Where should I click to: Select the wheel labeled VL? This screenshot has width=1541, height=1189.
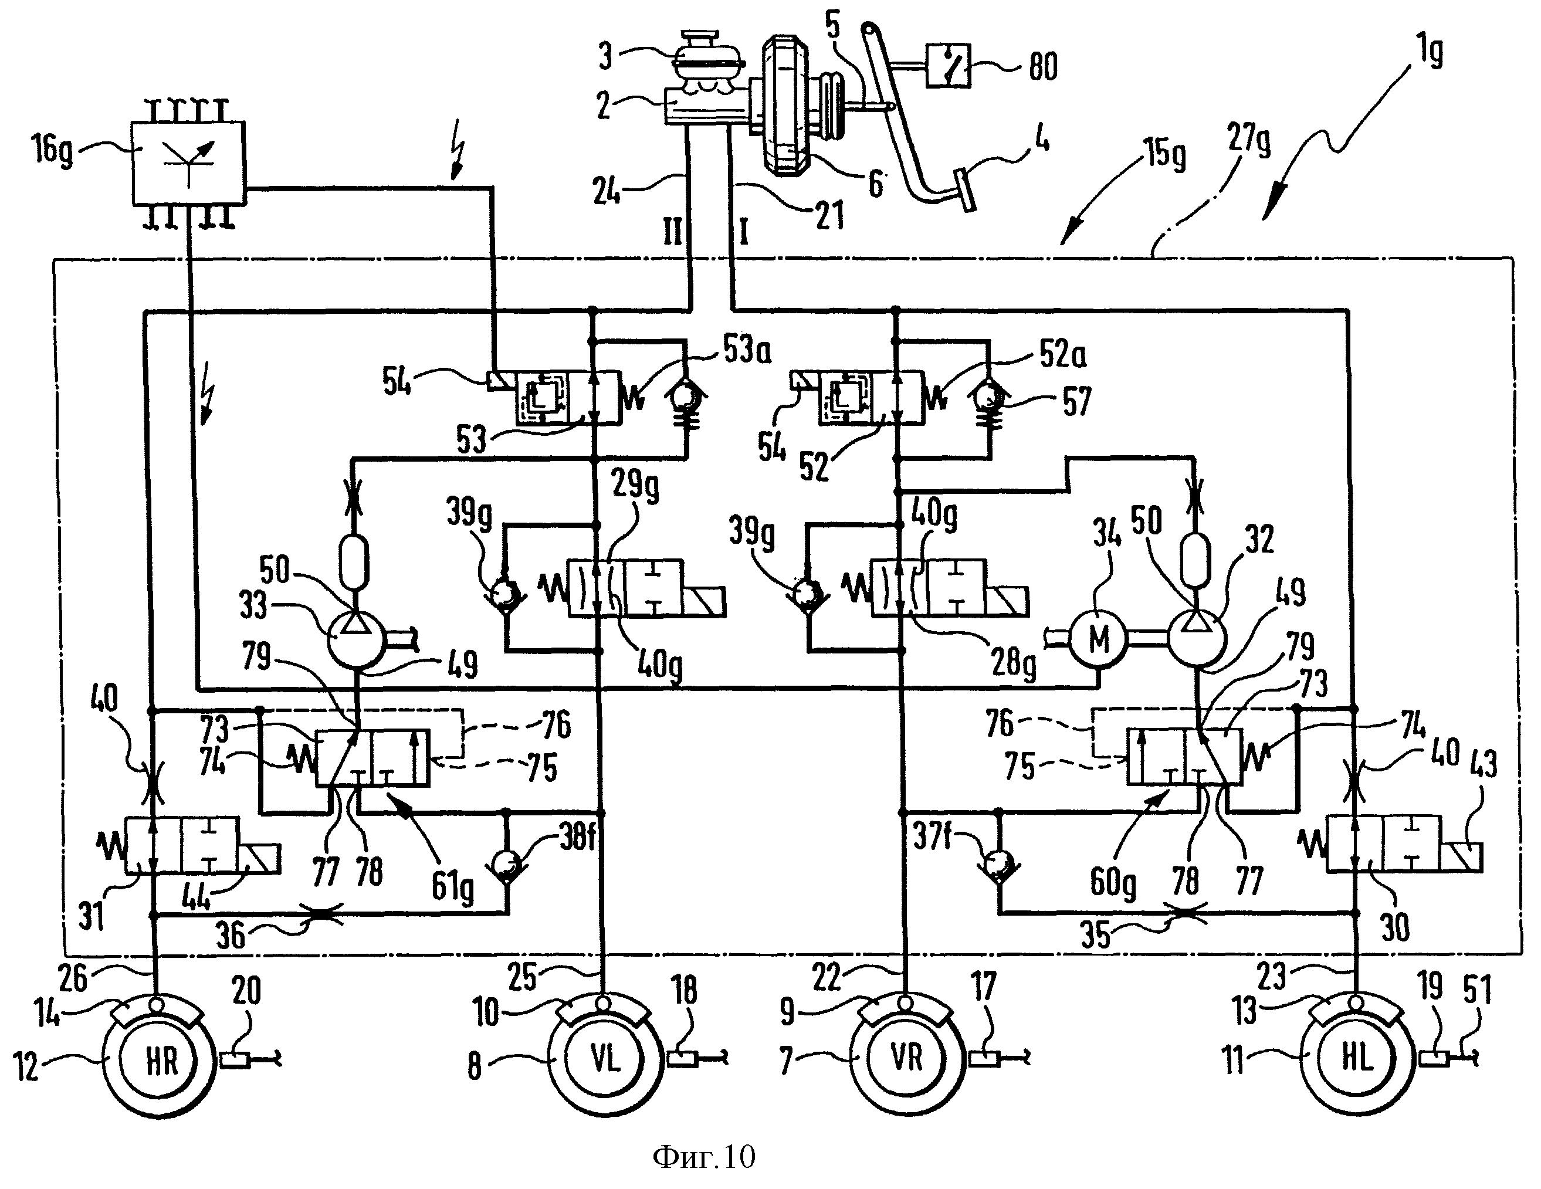pos(605,1059)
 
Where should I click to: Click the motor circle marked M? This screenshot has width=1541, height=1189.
pos(1099,639)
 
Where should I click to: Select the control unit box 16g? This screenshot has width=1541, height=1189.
pos(189,164)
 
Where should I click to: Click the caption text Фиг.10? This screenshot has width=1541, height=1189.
pos(703,1158)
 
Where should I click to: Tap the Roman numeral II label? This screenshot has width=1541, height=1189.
pos(672,232)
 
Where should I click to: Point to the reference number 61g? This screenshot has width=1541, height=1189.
pos(452,886)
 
